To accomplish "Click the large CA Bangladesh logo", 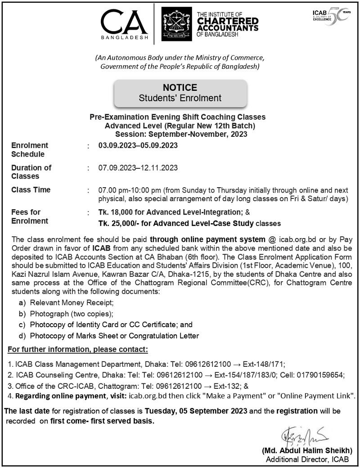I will (x=124, y=23).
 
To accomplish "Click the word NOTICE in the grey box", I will (x=180, y=88).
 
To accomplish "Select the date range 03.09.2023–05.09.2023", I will (x=138, y=145).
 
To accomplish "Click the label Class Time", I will (x=31, y=190).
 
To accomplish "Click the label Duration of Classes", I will (x=31, y=172).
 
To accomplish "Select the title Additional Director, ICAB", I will (x=307, y=459).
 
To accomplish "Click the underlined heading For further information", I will (x=78, y=349).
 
